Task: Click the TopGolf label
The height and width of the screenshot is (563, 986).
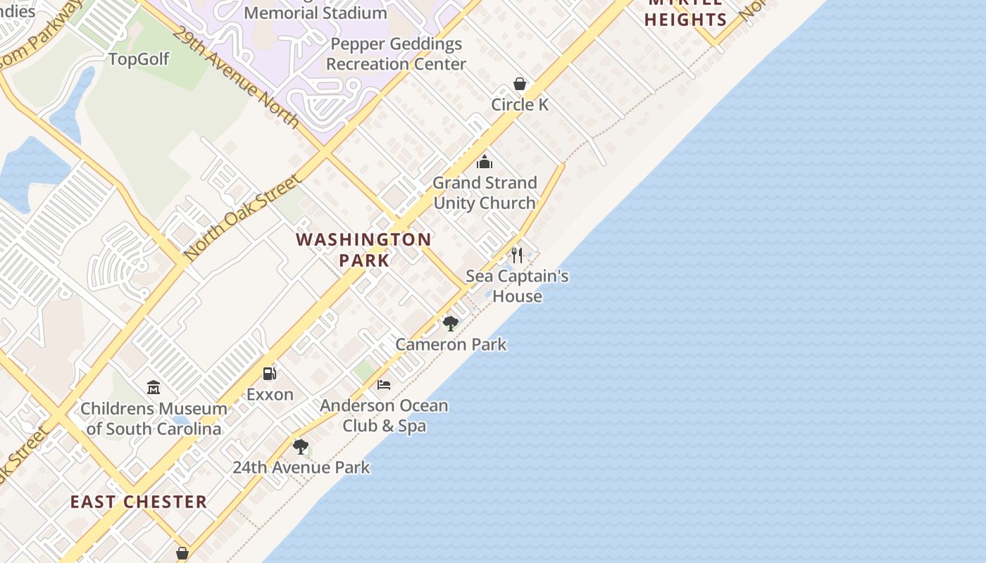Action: coord(139,59)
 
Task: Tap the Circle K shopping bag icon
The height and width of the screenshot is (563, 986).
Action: coord(520,84)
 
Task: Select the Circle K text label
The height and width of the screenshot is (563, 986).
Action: coord(520,105)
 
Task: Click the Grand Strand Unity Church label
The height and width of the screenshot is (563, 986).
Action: coord(485,193)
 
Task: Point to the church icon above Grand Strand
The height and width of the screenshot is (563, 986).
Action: coord(485,163)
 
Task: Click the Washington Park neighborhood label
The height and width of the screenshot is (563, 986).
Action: coord(363,250)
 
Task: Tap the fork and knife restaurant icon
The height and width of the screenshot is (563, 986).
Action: coord(517,255)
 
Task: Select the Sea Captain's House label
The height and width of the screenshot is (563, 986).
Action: coord(517,286)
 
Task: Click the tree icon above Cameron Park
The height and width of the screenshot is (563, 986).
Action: coord(451,324)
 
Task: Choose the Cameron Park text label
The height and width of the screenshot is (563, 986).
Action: coord(451,345)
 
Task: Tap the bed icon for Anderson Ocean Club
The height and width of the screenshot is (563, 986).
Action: coord(384,385)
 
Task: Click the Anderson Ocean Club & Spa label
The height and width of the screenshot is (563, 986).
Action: coord(384,416)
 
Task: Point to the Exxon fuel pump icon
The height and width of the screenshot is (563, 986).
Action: coord(270,374)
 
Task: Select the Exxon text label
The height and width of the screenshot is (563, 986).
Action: coord(270,395)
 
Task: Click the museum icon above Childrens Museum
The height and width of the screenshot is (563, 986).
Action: coord(154,387)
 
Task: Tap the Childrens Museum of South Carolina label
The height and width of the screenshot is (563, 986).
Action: coord(154,419)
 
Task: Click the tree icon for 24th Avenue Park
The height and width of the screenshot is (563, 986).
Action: coord(301,447)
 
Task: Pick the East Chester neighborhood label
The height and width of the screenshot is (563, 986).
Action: coord(139,502)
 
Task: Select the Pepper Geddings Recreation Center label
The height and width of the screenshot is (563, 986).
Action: coord(396,54)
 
